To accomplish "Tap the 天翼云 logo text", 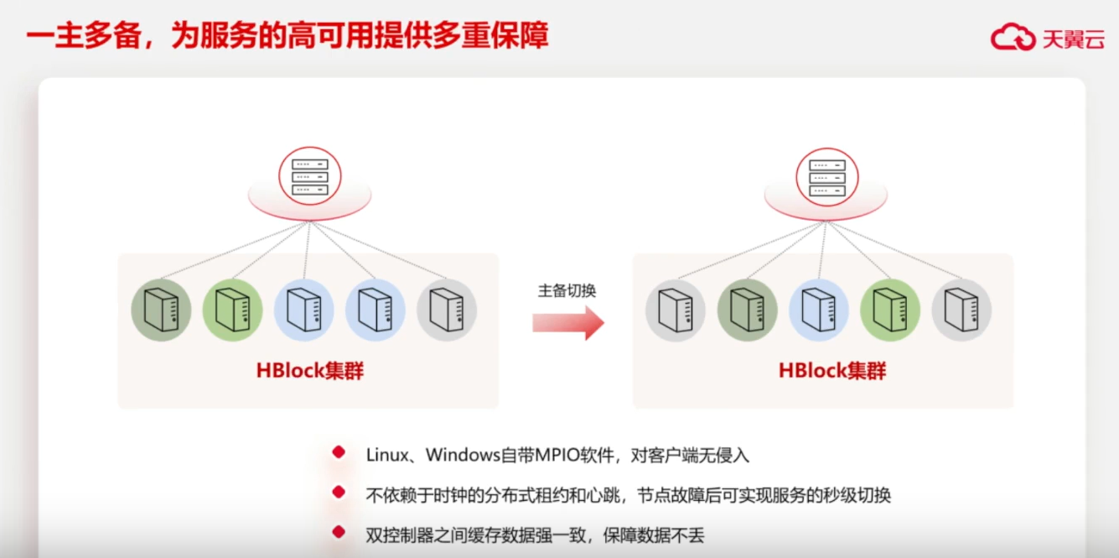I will click(1073, 39).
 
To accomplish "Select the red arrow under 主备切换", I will click(568, 323).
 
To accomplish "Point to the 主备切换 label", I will click(567, 290).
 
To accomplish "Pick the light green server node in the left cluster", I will click(232, 310).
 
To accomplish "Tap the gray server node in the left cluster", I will click(447, 310).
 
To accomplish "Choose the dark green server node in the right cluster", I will click(747, 310).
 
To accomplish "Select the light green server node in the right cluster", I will click(890, 310).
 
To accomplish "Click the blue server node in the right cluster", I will click(818, 310).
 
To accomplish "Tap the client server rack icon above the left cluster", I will click(310, 177).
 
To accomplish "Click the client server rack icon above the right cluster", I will click(826, 177).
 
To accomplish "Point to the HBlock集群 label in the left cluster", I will click(310, 371).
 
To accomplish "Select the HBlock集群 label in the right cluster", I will click(832, 371).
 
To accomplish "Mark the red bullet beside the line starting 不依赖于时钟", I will click(339, 493).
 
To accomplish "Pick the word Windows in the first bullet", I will click(463, 455).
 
